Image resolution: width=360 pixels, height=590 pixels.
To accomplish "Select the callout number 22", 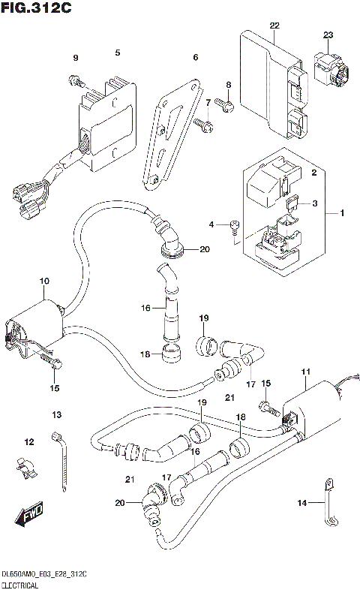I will [274, 26].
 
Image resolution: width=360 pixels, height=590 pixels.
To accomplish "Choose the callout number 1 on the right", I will [342, 214].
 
